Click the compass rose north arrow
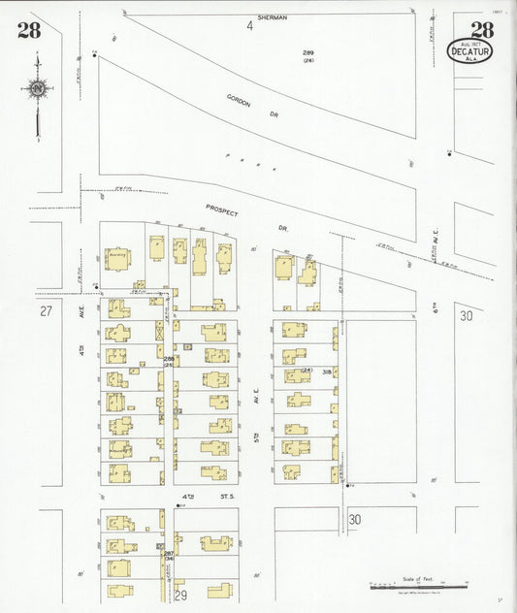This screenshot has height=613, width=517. pyautogui.click(x=37, y=89)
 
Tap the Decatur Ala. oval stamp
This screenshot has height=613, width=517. pyautogui.click(x=469, y=50)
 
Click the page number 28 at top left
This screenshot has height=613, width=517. pyautogui.click(x=29, y=29)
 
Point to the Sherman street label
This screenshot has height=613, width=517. pyautogui.click(x=274, y=17)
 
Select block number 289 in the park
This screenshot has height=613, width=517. pyautogui.click(x=308, y=51)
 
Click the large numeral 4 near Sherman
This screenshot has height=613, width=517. pyautogui.click(x=249, y=26)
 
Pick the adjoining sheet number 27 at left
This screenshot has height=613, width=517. pyautogui.click(x=46, y=312)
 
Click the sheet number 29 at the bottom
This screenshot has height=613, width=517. pyautogui.click(x=179, y=593)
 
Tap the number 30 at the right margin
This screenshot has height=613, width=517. pyautogui.click(x=467, y=315)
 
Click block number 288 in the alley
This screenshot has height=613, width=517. pyautogui.click(x=169, y=360)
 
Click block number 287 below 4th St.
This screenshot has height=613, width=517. pyautogui.click(x=168, y=553)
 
